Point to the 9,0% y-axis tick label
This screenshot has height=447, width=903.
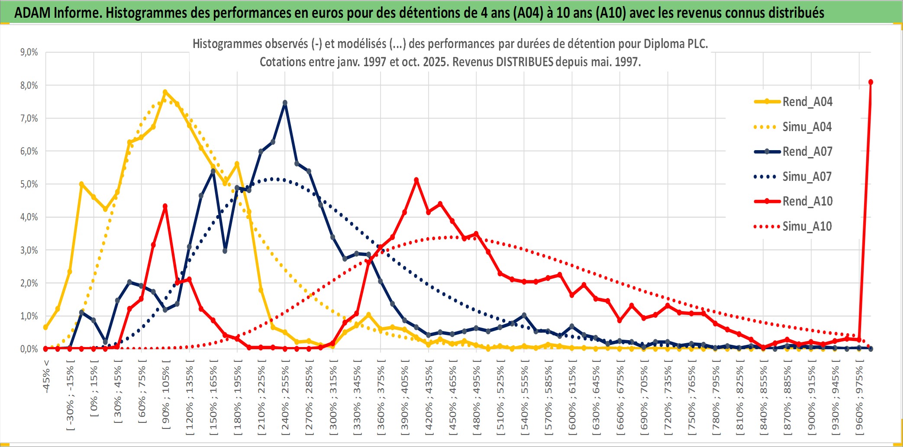29,52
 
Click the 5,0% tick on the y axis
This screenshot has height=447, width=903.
29,184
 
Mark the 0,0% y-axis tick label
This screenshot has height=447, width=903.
29,349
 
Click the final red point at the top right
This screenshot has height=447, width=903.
871,82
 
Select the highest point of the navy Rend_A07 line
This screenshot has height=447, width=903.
285,103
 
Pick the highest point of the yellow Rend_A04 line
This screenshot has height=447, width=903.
165,92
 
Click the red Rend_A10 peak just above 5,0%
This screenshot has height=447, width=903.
416,180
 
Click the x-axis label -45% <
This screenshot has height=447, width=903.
46,376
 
